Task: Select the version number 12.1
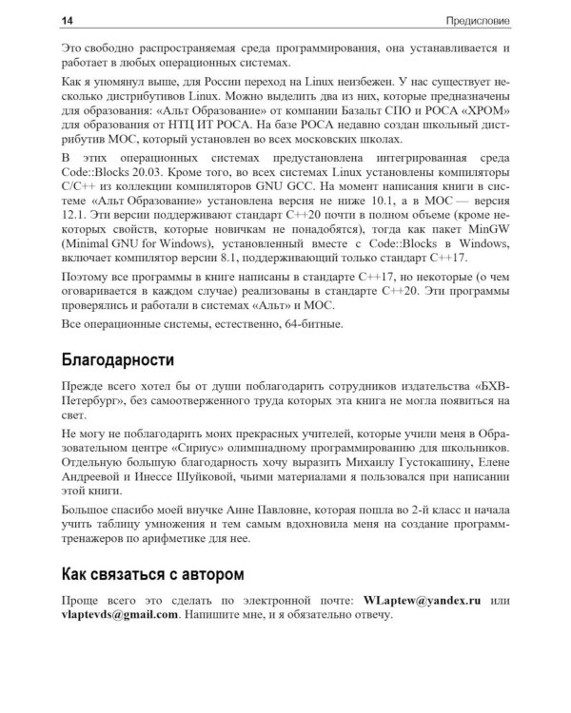click(74, 220)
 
